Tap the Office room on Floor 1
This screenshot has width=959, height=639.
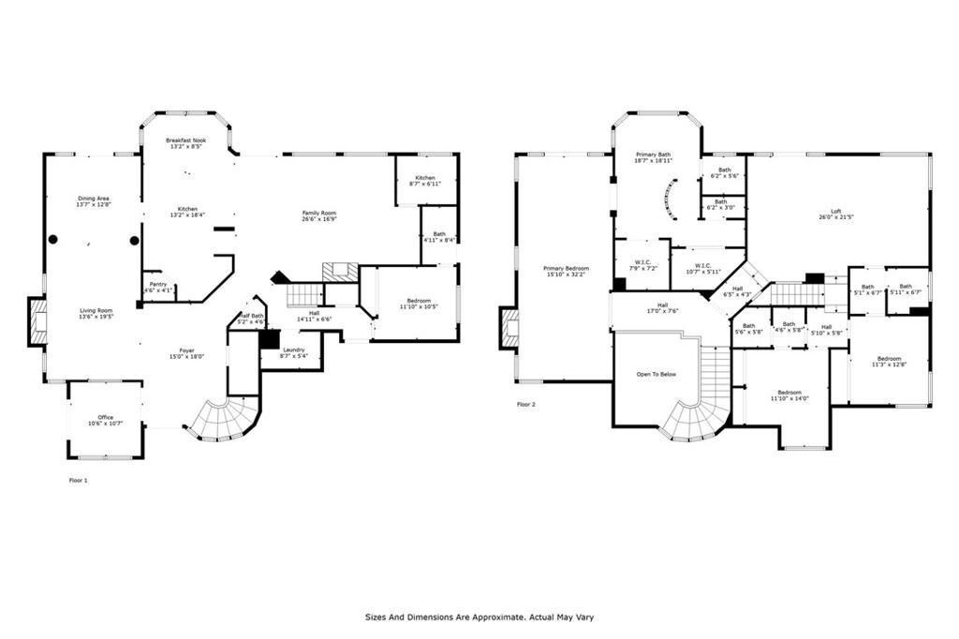pos(105,421)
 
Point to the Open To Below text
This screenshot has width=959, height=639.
pos(657,374)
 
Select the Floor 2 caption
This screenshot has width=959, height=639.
pos(527,405)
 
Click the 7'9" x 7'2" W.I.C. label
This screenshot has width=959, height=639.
pos(642,265)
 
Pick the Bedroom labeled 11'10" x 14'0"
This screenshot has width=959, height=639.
pos(789,395)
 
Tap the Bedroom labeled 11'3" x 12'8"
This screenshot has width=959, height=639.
pos(888,362)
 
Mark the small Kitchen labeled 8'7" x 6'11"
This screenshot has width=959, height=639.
pos(425,181)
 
